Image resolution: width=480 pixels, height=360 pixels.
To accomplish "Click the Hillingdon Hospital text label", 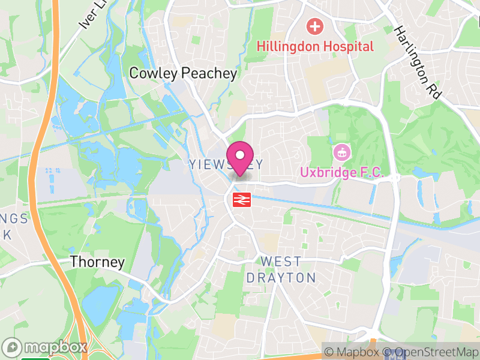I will pyautogui.click(x=316, y=46).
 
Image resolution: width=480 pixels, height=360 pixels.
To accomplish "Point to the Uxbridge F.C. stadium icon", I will pyautogui.click(x=341, y=152).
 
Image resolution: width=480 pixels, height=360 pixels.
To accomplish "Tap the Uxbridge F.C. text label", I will pyautogui.click(x=341, y=173).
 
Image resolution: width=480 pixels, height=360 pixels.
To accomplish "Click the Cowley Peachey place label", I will pyautogui.click(x=184, y=73).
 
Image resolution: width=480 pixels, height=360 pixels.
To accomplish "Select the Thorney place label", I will pyautogui.click(x=97, y=262).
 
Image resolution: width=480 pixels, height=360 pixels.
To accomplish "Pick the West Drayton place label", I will pyautogui.click(x=281, y=270).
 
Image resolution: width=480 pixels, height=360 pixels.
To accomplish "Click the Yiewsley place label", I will pyautogui.click(x=226, y=164).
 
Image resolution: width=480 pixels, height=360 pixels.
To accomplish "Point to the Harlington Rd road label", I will pyautogui.click(x=418, y=62).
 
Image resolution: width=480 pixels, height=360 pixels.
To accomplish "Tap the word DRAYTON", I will pyautogui.click(x=281, y=278).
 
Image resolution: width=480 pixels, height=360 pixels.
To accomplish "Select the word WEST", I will pyautogui.click(x=281, y=262).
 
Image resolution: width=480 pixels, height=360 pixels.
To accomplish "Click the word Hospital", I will pyautogui.click(x=349, y=46).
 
